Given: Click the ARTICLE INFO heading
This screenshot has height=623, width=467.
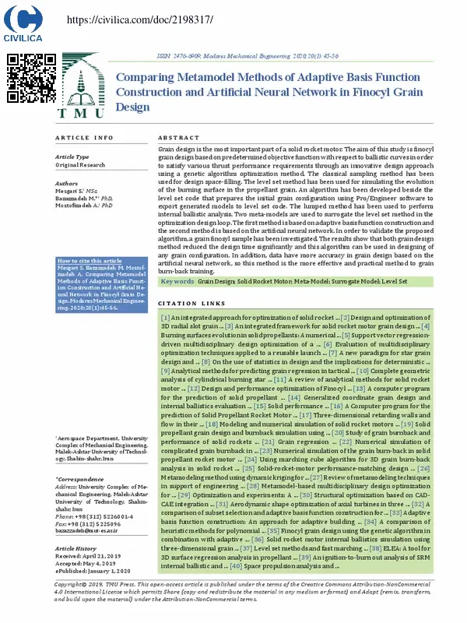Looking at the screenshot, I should coord(83,137).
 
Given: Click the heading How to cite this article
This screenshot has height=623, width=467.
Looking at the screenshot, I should coord(90,261).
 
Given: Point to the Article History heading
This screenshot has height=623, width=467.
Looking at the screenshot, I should coord(81,549).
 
